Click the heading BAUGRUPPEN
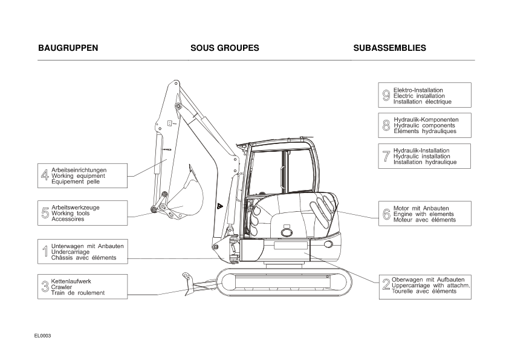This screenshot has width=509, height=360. (68, 48)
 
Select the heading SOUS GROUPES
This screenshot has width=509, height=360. (224, 48)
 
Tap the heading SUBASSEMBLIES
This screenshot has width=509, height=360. (389, 48)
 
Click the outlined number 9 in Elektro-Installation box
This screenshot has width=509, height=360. (386, 96)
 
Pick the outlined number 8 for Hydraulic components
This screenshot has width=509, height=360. (386, 126)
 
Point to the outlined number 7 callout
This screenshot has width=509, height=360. (386, 156)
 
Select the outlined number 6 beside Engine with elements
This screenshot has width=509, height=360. (386, 214)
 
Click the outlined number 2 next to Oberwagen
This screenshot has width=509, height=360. (386, 285)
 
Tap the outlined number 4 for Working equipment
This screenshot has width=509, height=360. (45, 175)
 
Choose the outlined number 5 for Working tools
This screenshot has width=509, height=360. (45, 213)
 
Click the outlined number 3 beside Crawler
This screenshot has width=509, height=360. (45, 287)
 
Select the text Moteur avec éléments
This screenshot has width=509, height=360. (424, 220)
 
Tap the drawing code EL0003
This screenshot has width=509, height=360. (43, 335)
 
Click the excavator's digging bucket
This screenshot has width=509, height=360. (188, 197)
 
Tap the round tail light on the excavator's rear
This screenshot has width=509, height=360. (328, 244)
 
